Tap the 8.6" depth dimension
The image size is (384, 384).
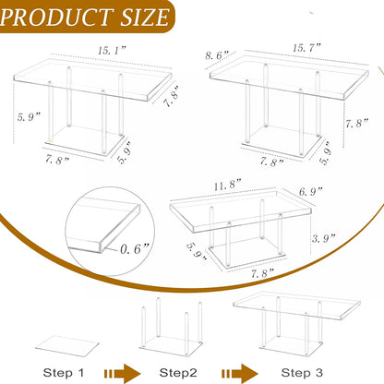(219, 57)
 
